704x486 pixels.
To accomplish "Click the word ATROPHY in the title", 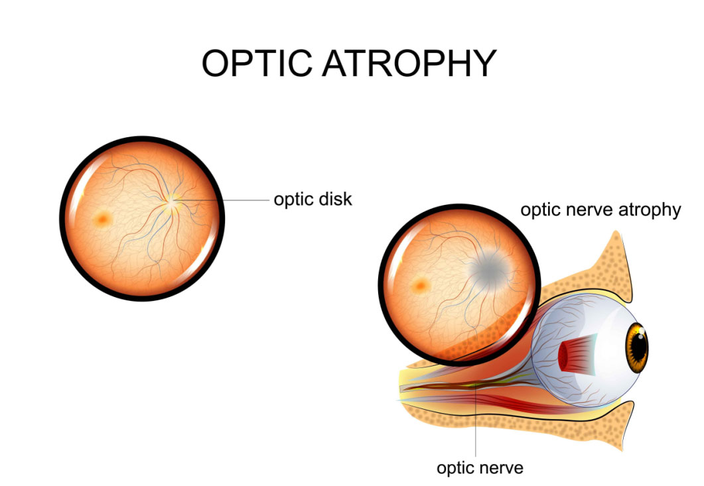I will coord(411,63).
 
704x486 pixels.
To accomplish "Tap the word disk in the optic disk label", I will coord(334,199).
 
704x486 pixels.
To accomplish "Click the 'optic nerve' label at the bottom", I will coord(480,467).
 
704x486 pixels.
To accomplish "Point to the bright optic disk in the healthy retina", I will coord(173,202).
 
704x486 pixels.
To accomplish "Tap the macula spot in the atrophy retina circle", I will coord(420,286).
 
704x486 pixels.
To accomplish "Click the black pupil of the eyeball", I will coord(639,345).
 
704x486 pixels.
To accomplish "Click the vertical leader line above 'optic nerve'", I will coord(477,424).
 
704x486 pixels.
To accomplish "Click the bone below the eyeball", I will coord(597,424).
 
